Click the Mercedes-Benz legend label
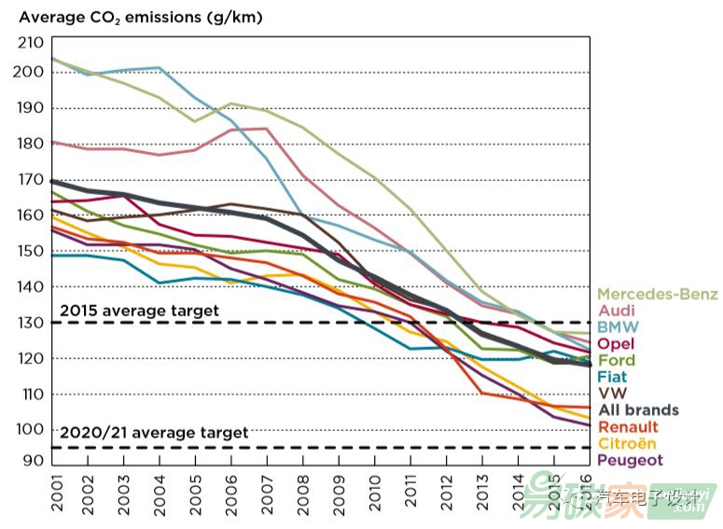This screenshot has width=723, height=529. [x=658, y=295]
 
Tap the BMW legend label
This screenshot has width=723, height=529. [x=618, y=327]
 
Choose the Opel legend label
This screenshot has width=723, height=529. [x=616, y=344]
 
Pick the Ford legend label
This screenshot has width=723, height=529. [x=616, y=360]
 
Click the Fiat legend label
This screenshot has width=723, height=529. [x=613, y=377]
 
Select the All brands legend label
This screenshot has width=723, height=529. [x=638, y=410]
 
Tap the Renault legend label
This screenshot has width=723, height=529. [x=628, y=426]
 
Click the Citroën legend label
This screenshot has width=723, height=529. [x=628, y=443]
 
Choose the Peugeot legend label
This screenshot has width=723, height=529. [x=630, y=460]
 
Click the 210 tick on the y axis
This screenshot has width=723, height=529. [x=31, y=42]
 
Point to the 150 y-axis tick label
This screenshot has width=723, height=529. [x=31, y=251]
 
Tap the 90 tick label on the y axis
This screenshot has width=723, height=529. [x=35, y=460]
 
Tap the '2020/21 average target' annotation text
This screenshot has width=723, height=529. [x=154, y=433]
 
